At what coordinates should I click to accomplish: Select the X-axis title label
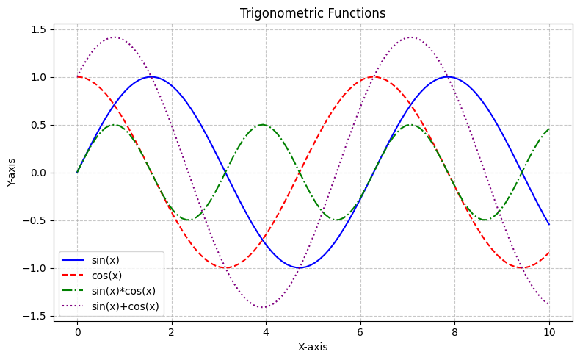(313, 346)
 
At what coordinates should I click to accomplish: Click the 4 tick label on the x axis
(266, 332)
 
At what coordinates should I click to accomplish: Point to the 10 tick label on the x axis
(548, 332)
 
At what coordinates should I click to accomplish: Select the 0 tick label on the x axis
(77, 332)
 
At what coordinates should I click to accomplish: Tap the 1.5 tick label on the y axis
(39, 29)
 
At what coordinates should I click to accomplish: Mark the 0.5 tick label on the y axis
(39, 125)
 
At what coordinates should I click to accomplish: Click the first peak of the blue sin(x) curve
(151, 76)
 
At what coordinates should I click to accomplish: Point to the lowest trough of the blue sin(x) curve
(299, 267)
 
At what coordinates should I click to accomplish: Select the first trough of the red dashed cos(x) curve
(225, 267)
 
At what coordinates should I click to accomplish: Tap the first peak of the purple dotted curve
(114, 37)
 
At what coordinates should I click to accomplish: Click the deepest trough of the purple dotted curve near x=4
(262, 307)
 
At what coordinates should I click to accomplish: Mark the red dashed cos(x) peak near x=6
(374, 76)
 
